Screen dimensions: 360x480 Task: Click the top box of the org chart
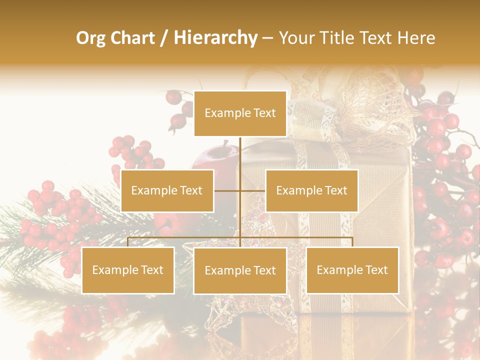click(x=240, y=113)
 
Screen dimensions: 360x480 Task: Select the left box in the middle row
click(x=167, y=190)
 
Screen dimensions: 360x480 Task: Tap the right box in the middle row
click(x=311, y=190)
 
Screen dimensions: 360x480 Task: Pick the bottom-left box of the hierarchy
click(x=128, y=270)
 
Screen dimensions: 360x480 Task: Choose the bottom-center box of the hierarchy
click(x=240, y=270)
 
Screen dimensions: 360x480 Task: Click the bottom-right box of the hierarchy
click(x=352, y=270)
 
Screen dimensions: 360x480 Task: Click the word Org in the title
click(x=90, y=38)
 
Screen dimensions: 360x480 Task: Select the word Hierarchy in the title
click(x=215, y=38)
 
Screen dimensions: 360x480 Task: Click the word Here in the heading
click(x=415, y=38)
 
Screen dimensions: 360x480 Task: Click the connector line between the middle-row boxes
click(x=240, y=190)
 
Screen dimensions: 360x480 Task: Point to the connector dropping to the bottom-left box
click(x=128, y=242)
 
